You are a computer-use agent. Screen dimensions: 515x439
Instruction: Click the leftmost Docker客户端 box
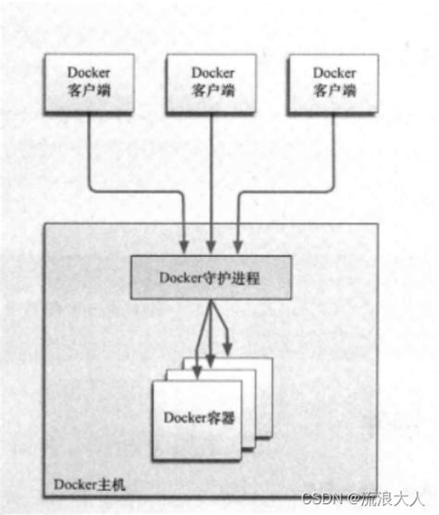pyautogui.click(x=89, y=81)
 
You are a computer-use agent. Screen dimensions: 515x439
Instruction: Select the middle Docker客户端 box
pyautogui.click(x=212, y=81)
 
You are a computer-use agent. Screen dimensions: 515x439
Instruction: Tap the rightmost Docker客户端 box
pyautogui.click(x=333, y=81)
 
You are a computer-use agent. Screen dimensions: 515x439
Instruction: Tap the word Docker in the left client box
pyautogui.click(x=89, y=72)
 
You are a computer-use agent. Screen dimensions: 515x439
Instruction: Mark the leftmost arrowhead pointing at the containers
pyautogui.click(x=197, y=370)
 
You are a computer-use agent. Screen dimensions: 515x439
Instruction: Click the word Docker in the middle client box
pyautogui.click(x=212, y=72)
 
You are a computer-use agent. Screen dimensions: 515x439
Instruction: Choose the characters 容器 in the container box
pyautogui.click(x=220, y=419)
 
